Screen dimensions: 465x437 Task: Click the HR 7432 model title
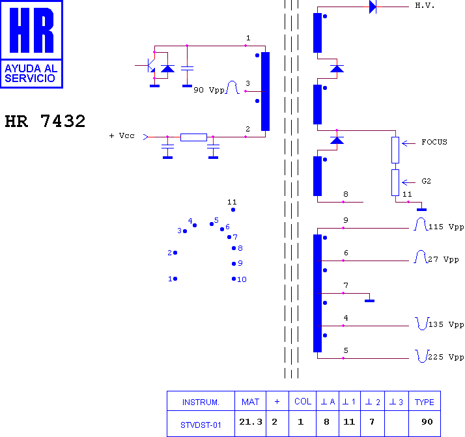point(45,121)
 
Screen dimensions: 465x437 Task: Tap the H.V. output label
point(425,5)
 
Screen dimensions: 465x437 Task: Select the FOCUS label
point(434,142)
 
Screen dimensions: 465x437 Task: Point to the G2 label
point(426,181)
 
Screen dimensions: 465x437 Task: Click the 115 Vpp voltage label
point(446,227)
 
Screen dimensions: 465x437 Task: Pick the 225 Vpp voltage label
point(446,357)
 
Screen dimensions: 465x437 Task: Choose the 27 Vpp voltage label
point(444,259)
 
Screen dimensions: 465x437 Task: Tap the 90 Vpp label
point(209,90)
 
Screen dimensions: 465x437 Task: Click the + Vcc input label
point(122,135)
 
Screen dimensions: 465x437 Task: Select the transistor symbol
point(151,66)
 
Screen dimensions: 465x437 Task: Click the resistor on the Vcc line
point(193,137)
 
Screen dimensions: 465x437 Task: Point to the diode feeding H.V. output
point(373,7)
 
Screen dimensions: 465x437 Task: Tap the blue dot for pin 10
point(234,279)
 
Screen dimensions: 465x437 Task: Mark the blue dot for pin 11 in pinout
point(233,210)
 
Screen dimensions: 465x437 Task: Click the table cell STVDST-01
point(201,425)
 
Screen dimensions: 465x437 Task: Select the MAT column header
point(250,402)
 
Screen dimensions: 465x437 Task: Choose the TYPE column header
point(425,402)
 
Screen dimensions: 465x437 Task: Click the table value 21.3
point(251,421)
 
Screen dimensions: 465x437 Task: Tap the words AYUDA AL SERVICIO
point(31,73)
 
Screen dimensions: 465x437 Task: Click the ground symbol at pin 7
point(369,301)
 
